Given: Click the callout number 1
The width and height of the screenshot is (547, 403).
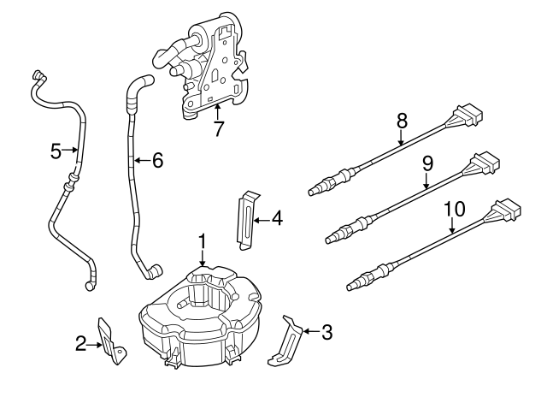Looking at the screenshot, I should click(202, 242).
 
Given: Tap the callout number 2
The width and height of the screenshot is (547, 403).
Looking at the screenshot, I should click(80, 344).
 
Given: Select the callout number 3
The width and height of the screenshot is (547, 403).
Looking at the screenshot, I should click(326, 332).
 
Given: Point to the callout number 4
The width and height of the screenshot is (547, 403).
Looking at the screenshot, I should click(276, 219).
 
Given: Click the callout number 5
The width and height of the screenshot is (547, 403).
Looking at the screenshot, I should click(56, 151).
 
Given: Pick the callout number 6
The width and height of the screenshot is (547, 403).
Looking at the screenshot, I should click(156, 160).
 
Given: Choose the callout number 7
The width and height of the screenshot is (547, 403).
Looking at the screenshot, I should click(218, 129).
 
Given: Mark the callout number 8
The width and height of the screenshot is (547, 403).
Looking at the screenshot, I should click(401, 121).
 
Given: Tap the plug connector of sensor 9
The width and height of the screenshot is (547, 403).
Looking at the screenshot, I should click(484, 163).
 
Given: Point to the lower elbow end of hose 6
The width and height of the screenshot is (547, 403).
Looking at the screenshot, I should click(153, 274).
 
